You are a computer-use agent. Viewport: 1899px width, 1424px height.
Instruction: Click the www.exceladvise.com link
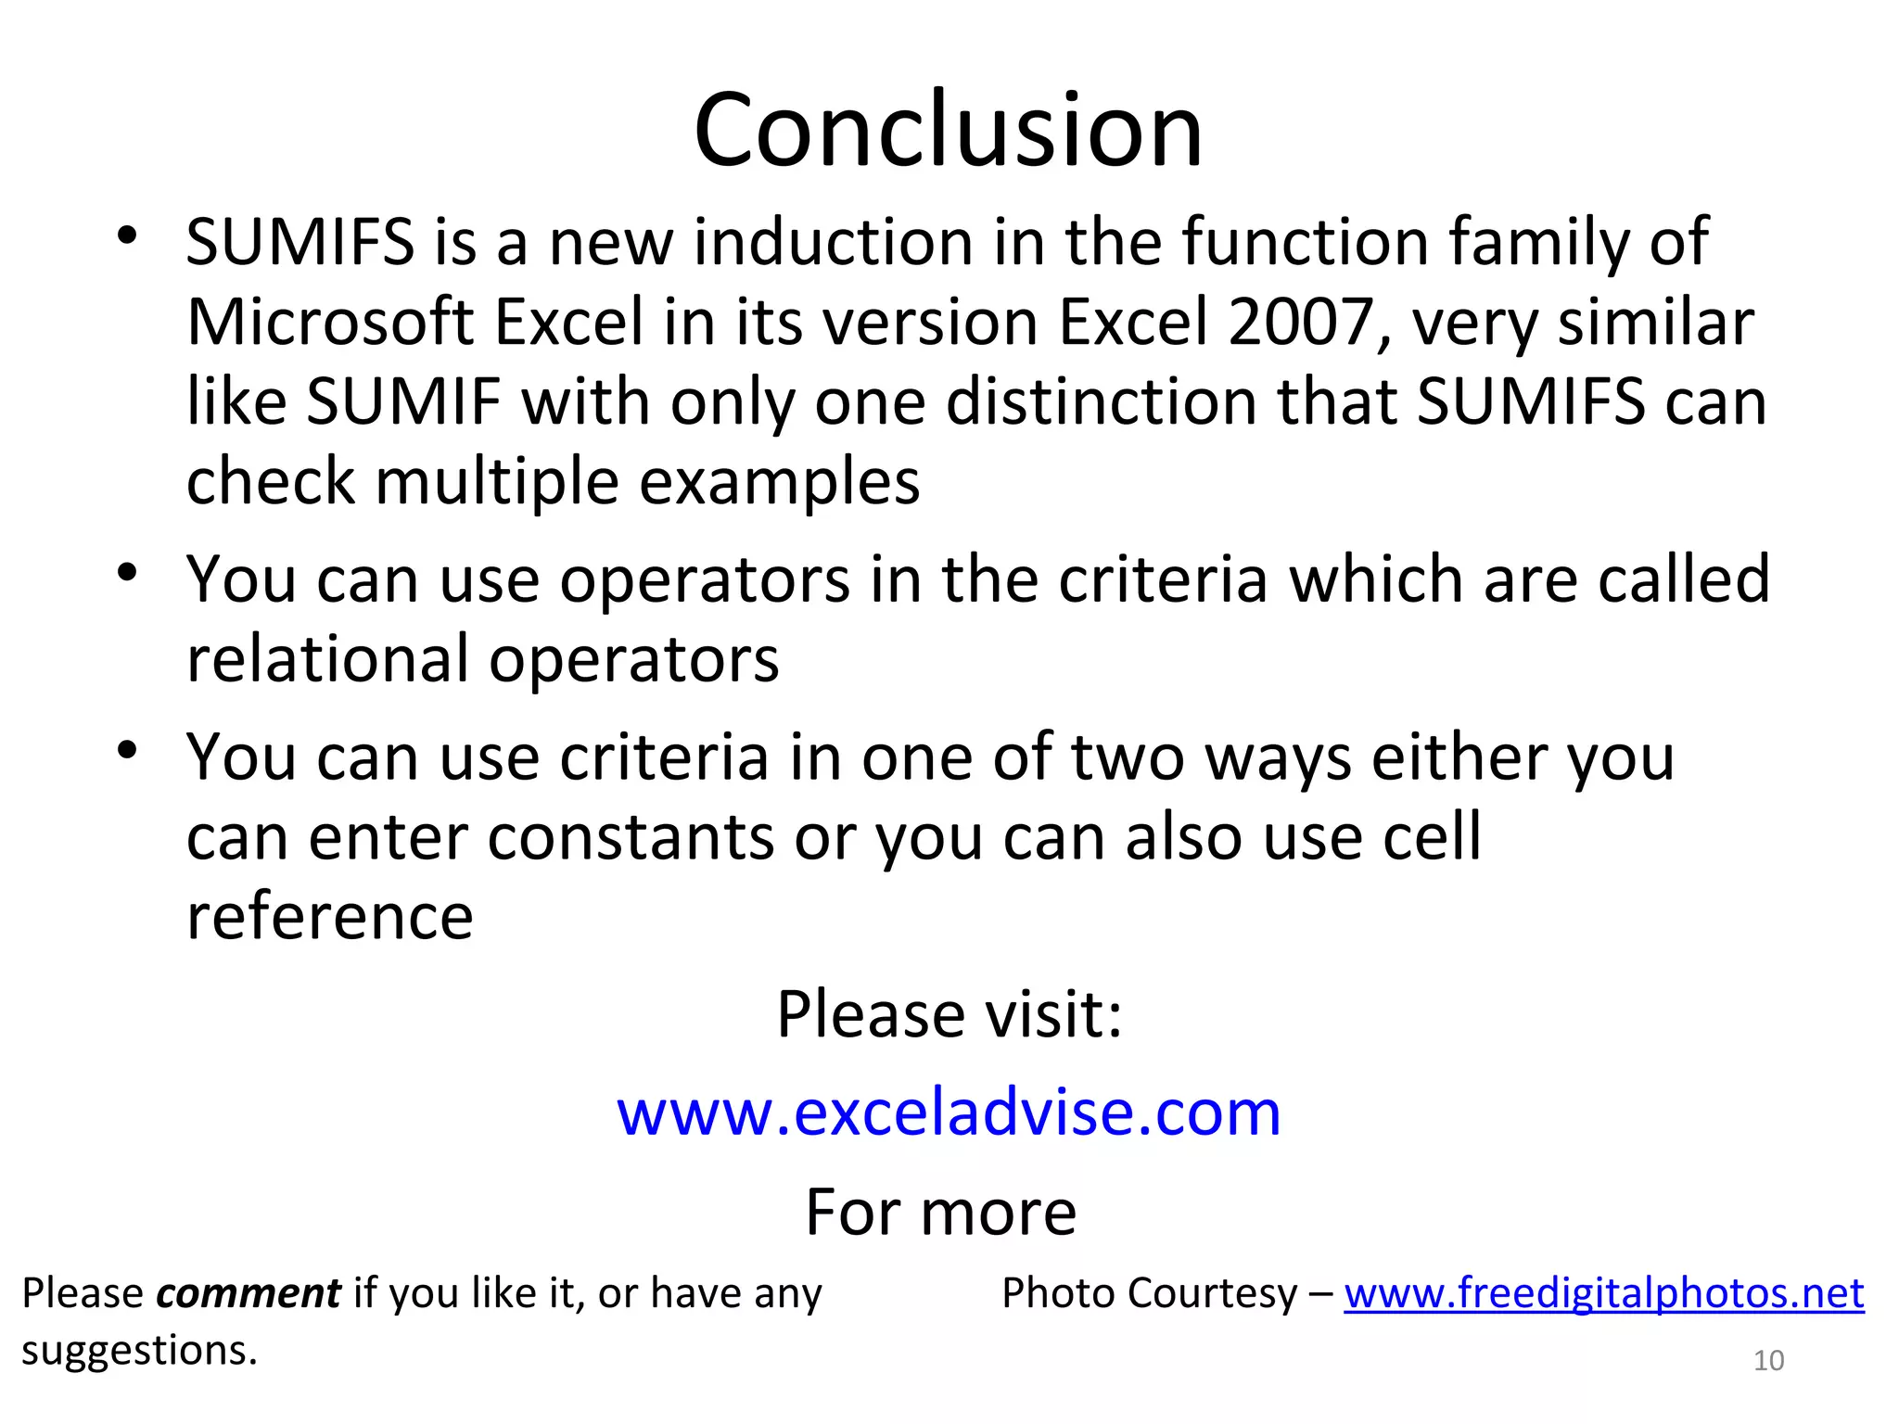(949, 1112)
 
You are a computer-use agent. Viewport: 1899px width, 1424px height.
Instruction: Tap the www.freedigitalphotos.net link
(1604, 1293)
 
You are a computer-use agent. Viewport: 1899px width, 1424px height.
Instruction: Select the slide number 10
(1768, 1360)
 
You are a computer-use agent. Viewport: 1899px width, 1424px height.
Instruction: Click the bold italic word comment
(248, 1293)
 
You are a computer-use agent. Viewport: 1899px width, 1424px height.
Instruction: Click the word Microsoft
(330, 323)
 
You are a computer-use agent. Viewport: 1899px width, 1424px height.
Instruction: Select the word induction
(833, 243)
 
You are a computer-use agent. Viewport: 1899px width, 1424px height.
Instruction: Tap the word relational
(327, 659)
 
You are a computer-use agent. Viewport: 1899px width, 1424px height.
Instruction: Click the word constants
(631, 837)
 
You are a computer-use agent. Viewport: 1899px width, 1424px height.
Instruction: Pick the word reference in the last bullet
(329, 918)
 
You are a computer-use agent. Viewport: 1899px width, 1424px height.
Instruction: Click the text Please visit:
(949, 1014)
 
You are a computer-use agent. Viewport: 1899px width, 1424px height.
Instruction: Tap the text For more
(940, 1213)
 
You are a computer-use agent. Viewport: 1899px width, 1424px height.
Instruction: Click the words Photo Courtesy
(1150, 1293)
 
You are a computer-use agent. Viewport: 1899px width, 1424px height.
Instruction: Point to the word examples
(780, 483)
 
